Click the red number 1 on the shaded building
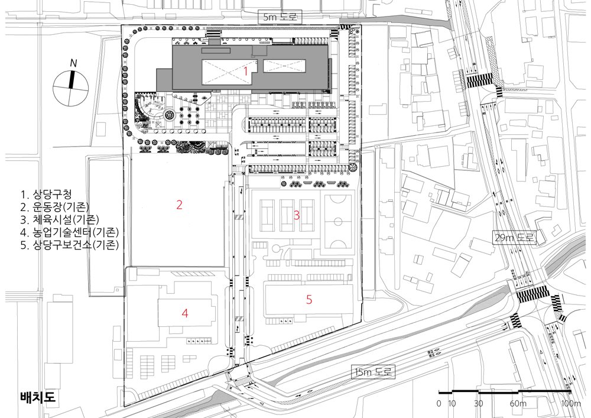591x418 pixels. [x=245, y=70]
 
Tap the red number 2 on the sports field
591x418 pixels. [x=180, y=205]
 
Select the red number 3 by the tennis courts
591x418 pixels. [x=297, y=215]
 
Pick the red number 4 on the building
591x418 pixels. [x=184, y=313]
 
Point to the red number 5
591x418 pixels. [x=309, y=300]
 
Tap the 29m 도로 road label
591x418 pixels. [x=515, y=238]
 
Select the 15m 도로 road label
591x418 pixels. [x=373, y=372]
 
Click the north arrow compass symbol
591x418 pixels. [x=71, y=89]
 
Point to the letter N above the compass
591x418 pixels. [x=73, y=64]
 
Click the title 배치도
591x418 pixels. [x=38, y=397]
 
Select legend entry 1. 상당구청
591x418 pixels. [x=46, y=195]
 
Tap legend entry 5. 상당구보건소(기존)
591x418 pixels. [x=70, y=245]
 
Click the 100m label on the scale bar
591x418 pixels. [x=571, y=404]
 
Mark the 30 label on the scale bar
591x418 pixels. [x=478, y=404]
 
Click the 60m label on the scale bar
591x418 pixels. [x=518, y=404]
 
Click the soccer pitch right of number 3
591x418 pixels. [x=337, y=222]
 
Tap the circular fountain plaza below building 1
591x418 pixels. [x=169, y=114]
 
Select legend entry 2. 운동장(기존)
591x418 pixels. [x=54, y=207]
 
